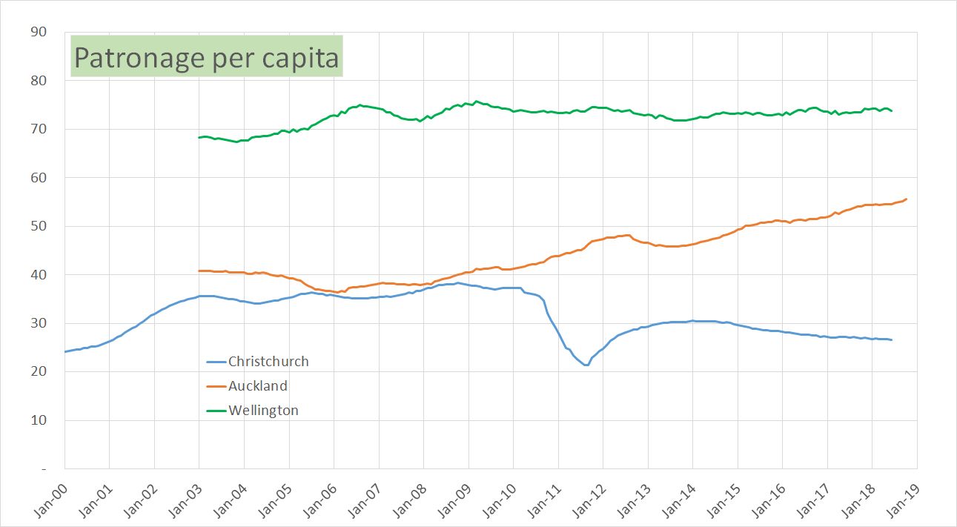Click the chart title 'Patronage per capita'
pyautogui.click(x=206, y=58)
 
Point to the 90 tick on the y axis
pyautogui.click(x=39, y=32)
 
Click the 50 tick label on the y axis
pyautogui.click(x=39, y=226)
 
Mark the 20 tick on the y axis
pyautogui.click(x=39, y=371)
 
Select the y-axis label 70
pyautogui.click(x=39, y=129)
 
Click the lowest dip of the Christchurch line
pyautogui.click(x=586, y=365)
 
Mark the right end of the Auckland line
pyautogui.click(x=907, y=199)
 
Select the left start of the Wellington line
pyautogui.click(x=199, y=137)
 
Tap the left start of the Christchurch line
pyautogui.click(x=65, y=351)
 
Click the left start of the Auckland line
pyautogui.click(x=199, y=271)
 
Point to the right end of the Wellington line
pyautogui.click(x=892, y=110)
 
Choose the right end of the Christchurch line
pyautogui.click(x=892, y=340)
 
